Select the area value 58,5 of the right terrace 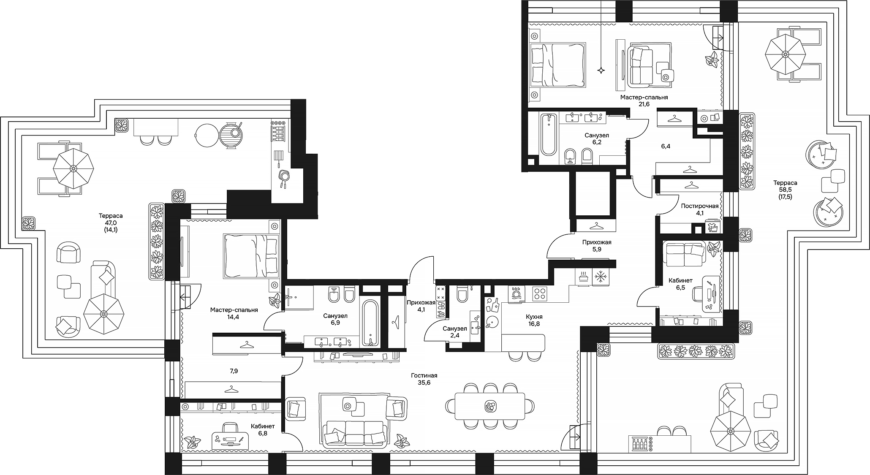point(785,190)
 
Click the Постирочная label point(699,206)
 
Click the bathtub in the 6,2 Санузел point(549,134)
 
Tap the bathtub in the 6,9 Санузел point(370,323)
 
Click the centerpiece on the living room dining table point(490,406)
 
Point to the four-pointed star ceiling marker point(601,71)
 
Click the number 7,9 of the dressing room point(234,371)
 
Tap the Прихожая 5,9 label point(597,246)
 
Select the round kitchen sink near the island point(492,323)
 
